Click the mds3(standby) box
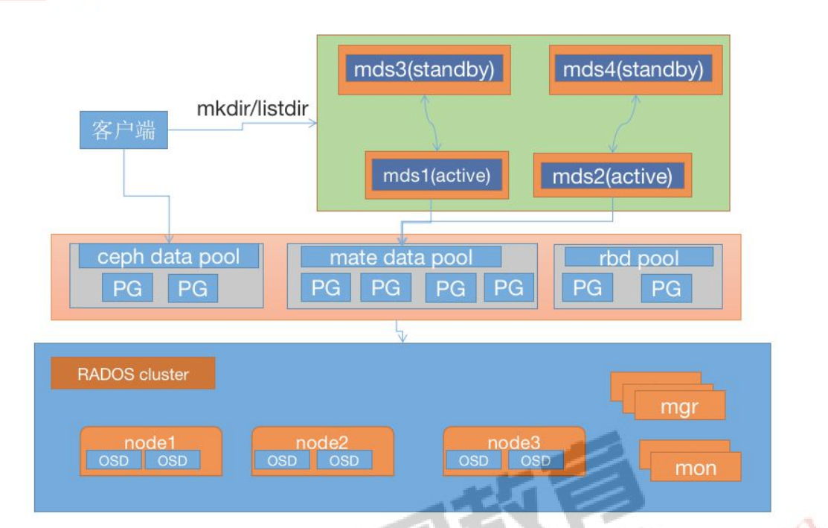424,70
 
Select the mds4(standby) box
633,70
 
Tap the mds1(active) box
436,176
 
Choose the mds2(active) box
612,176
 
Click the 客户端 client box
123,131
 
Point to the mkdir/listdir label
252,108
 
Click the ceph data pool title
169,257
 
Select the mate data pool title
401,258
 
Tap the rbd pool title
638,258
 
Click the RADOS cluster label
133,374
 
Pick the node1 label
151,442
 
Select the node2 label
322,442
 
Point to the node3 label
514,442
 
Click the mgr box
678,407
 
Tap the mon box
695,468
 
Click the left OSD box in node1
114,461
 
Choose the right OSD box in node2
344,461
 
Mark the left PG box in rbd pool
588,287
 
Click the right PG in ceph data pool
193,287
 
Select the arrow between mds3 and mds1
431,122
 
